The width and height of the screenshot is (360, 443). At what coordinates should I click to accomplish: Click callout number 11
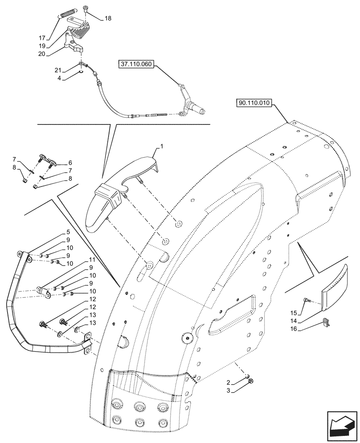click(91, 260)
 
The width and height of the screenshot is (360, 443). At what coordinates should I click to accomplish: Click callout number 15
click(294, 312)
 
